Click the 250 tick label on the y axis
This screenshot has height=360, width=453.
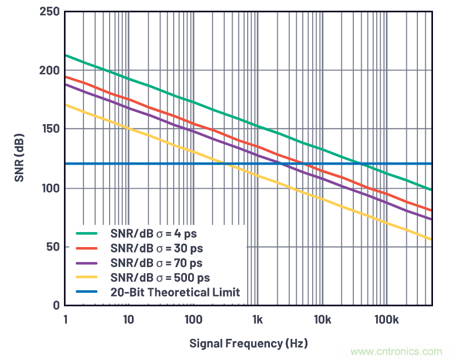pyautogui.click(x=50, y=12)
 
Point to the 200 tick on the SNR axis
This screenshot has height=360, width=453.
pyautogui.click(x=50, y=71)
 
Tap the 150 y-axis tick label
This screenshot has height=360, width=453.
pyautogui.click(x=50, y=129)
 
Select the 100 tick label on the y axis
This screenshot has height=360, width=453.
pyautogui.click(x=50, y=188)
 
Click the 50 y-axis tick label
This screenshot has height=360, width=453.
pyautogui.click(x=52, y=246)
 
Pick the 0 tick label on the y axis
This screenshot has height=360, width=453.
pyautogui.click(x=56, y=305)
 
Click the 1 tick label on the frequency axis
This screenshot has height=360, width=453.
pyautogui.click(x=65, y=319)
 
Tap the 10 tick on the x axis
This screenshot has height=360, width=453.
pyautogui.click(x=129, y=319)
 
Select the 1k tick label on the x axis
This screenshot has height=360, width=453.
pyautogui.click(x=257, y=319)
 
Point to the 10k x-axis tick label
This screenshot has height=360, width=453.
pyautogui.click(x=323, y=319)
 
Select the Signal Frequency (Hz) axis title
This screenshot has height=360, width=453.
pyautogui.click(x=248, y=343)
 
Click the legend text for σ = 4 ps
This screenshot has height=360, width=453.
pyautogui.click(x=153, y=233)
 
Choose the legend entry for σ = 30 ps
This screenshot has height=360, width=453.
pyautogui.click(x=156, y=248)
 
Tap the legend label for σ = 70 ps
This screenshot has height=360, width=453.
pyautogui.click(x=156, y=262)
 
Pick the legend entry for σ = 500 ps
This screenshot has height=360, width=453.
pyautogui.click(x=159, y=277)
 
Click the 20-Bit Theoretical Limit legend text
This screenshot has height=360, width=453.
pyautogui.click(x=174, y=292)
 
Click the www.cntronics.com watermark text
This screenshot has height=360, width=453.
pyautogui.click(x=396, y=351)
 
